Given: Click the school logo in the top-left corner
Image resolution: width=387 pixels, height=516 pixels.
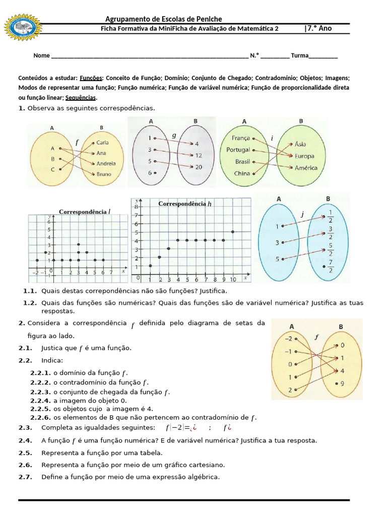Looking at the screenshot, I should pos(22,27).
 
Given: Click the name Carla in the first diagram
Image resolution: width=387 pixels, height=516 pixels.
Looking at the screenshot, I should pos(102,143).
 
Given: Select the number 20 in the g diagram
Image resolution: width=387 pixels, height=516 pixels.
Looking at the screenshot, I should pos(199,167).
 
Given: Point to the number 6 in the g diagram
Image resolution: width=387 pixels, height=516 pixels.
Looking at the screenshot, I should pos(150,173).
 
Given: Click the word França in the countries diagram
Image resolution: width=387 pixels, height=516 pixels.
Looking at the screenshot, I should pos(240,138).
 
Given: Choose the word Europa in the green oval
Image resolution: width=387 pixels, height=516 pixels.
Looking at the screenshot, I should pos(305,156).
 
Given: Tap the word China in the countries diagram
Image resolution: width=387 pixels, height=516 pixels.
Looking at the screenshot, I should pos(242,173).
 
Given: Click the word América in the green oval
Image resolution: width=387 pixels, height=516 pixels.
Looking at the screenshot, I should pos(306,168).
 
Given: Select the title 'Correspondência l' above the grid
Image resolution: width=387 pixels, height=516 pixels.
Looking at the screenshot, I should pos(84,212).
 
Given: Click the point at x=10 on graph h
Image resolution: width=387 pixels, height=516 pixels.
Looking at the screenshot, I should pos(232,232).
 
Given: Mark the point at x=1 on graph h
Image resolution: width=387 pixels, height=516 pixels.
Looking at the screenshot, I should pos(150,266).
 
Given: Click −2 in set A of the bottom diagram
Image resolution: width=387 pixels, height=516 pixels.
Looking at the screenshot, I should pos(288,339).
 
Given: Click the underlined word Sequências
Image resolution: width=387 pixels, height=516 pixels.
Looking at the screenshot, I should pos(80,98).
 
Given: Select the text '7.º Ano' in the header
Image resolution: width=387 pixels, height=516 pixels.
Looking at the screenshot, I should pos(318,28).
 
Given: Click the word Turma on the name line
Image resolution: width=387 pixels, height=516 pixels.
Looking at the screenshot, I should pos(299,55).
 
